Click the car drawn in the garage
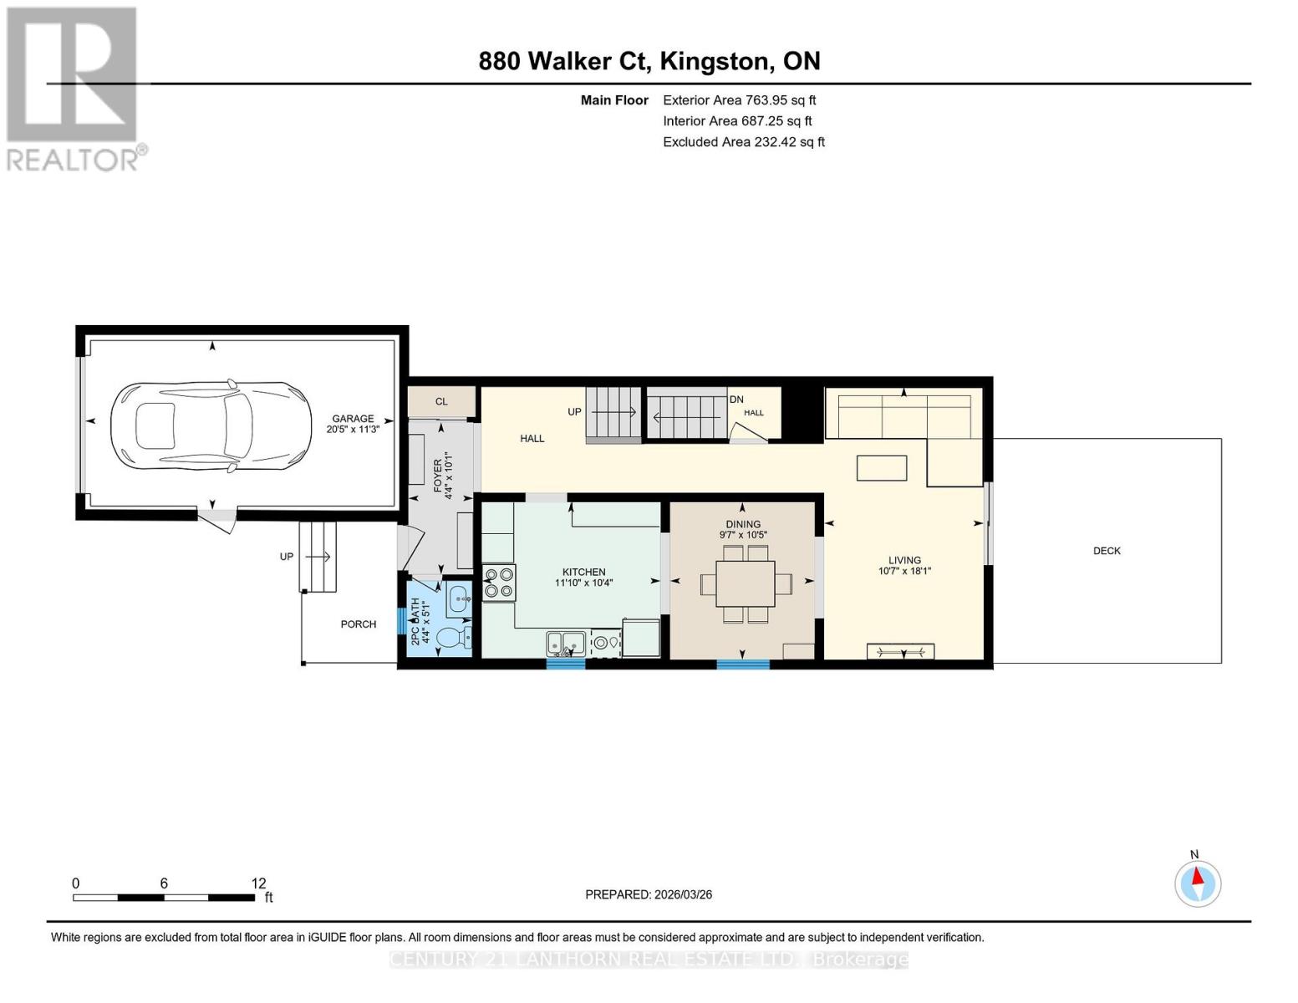click(211, 428)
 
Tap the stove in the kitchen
click(499, 583)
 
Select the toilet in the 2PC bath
click(454, 638)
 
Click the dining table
click(745, 583)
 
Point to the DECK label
click(1107, 551)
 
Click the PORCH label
click(359, 624)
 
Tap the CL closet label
click(441, 401)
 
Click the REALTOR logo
click(75, 89)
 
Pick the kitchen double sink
click(565, 644)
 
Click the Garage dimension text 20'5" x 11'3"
click(353, 429)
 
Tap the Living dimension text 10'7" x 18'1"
click(904, 571)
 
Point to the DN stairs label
click(736, 399)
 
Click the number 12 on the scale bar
click(258, 883)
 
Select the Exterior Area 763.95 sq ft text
click(740, 100)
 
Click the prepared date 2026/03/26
click(684, 894)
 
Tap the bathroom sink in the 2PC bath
click(459, 598)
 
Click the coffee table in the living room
click(882, 468)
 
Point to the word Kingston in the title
click(715, 61)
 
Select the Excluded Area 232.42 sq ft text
click(744, 142)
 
